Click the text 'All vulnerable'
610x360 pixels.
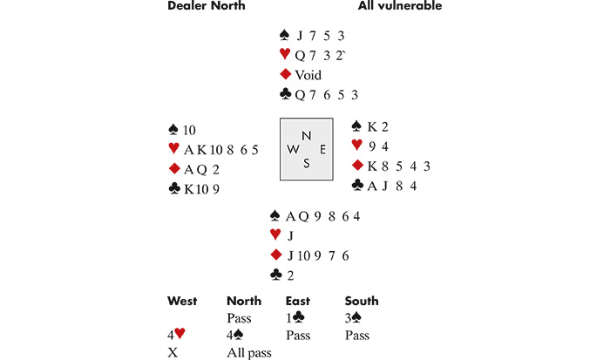click(x=399, y=7)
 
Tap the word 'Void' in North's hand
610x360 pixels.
click(x=308, y=76)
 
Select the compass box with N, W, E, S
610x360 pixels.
click(x=306, y=149)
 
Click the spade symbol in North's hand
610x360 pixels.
click(x=285, y=36)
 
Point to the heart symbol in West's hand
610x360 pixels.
click(x=173, y=149)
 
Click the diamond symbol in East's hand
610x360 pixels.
click(x=356, y=166)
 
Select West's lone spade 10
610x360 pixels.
click(x=188, y=130)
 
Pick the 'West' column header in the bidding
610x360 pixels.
click(x=183, y=302)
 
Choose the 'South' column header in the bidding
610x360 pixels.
click(x=362, y=302)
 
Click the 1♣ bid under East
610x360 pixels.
click(x=296, y=318)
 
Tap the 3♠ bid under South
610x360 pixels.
click(x=355, y=318)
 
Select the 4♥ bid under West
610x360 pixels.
click(x=177, y=335)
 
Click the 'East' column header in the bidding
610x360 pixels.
click(x=299, y=302)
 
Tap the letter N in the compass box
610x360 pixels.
click(x=304, y=135)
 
